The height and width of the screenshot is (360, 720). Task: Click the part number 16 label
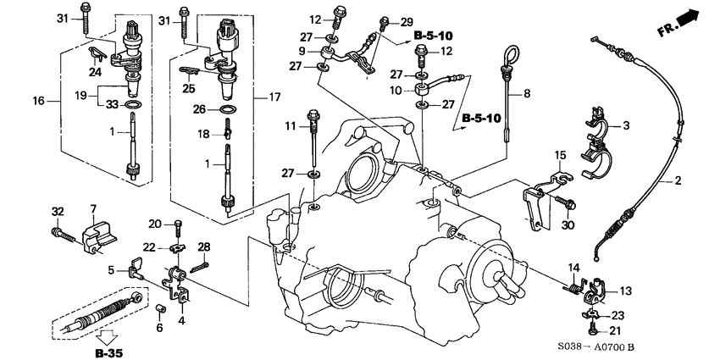[x=38, y=101]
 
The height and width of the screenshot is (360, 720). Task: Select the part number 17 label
[x=274, y=98]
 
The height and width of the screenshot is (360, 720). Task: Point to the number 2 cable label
[x=678, y=181]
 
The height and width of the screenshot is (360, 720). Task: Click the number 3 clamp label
[x=626, y=126]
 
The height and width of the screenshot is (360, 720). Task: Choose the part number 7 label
[x=93, y=208]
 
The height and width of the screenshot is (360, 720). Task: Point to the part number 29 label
[x=407, y=20]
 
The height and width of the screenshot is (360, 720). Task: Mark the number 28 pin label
[x=204, y=246]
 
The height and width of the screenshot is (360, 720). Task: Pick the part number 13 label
[x=625, y=291]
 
